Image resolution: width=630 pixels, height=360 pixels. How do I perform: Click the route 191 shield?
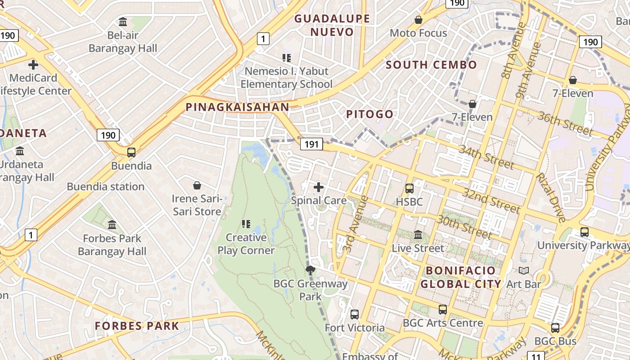pos(311,144)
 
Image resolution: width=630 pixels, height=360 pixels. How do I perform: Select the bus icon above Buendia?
pos(131,153)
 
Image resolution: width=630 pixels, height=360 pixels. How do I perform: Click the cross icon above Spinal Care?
pos(319,187)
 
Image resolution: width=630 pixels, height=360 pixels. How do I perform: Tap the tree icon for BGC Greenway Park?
pos(310,270)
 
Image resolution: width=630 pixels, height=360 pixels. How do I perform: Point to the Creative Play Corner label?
pos(246,244)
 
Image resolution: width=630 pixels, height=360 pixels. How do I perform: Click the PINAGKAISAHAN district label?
pos(237,107)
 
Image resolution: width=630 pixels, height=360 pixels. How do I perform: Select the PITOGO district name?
pos(369,114)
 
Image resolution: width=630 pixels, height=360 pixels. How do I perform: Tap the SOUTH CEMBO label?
pos(431,65)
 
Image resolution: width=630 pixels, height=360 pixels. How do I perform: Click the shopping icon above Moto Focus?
pos(418,20)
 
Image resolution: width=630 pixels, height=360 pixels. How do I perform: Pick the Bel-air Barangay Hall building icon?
pos(123,22)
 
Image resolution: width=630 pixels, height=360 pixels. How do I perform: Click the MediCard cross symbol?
pos(33,65)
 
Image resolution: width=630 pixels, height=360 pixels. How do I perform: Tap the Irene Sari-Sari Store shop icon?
pos(197,185)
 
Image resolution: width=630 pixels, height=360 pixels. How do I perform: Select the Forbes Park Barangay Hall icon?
pos(112,225)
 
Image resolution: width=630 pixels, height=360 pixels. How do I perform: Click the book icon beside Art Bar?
pos(524,270)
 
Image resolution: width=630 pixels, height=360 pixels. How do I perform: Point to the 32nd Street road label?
pos(491,200)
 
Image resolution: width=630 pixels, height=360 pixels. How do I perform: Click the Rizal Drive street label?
pos(551,198)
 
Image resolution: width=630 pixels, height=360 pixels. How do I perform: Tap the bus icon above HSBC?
pos(409,189)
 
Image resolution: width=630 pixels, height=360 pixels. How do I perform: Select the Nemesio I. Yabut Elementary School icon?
pos(287,58)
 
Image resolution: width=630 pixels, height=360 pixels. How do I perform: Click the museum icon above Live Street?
pos(418,234)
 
